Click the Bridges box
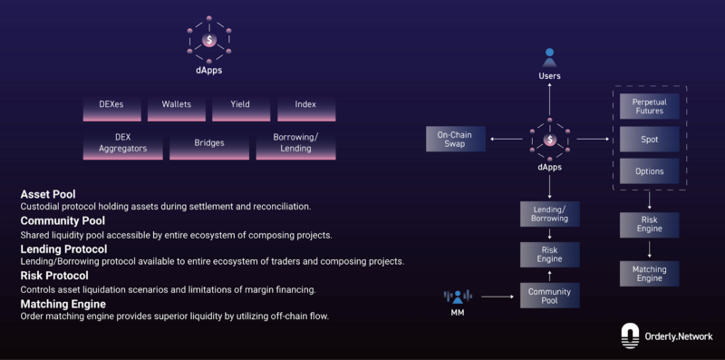point(208,144)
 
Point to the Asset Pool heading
point(48,193)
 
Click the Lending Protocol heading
point(63,248)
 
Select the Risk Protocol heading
point(54,276)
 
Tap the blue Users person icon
point(549,57)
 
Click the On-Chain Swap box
point(455,139)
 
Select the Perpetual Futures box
point(649,105)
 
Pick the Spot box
point(649,139)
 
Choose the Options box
point(649,170)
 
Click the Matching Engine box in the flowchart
point(649,273)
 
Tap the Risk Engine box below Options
point(649,223)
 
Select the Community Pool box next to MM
point(550,295)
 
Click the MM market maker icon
point(458,297)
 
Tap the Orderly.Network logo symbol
point(631,336)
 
